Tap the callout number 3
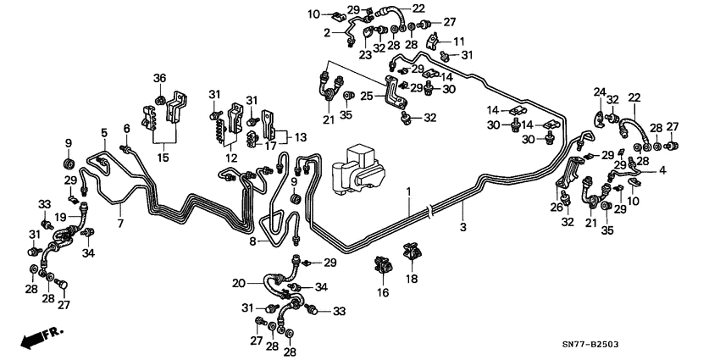pyautogui.click(x=462, y=227)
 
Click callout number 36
pyautogui.click(x=159, y=79)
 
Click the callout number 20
pyautogui.click(x=238, y=283)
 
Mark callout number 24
pyautogui.click(x=599, y=91)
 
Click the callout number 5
pyautogui.click(x=104, y=132)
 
